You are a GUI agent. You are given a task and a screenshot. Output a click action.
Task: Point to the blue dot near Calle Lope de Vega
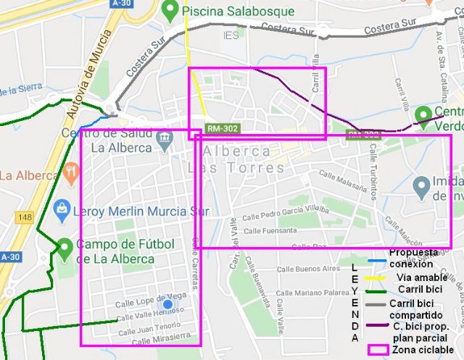pos(167,306)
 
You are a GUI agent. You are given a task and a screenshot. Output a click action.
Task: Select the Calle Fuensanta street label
pos(271,231)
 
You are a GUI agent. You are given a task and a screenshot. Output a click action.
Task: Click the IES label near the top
pos(231,35)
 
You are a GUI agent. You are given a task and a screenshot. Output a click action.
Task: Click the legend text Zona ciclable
pos(423,349)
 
